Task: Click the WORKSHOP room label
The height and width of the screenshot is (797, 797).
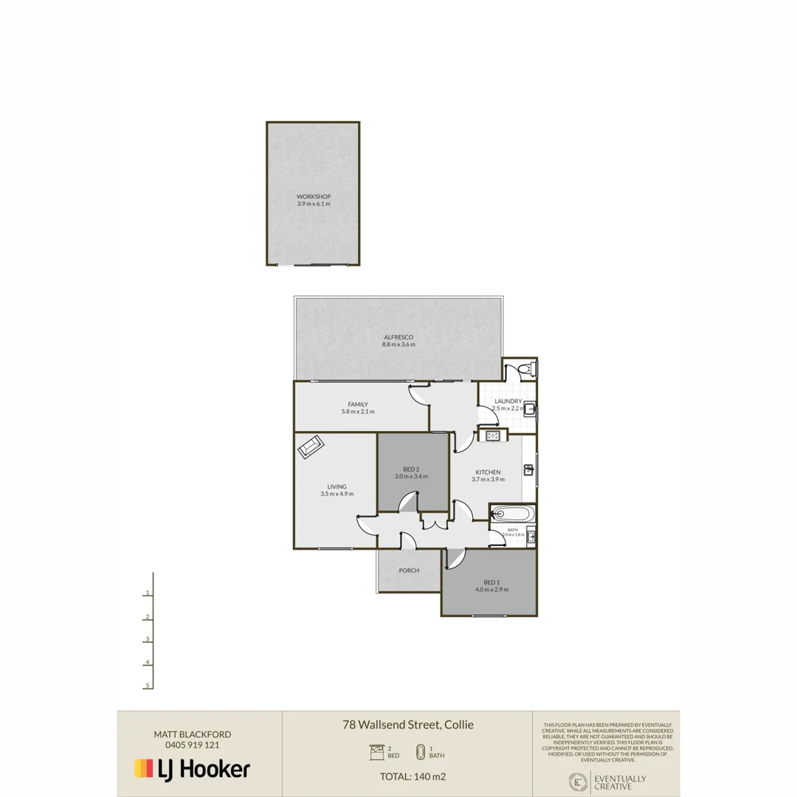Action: (314, 196)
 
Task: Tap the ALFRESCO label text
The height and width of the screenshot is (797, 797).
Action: (398, 337)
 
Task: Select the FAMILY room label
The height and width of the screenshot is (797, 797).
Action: (358, 404)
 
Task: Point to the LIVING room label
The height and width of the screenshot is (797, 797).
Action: (337, 487)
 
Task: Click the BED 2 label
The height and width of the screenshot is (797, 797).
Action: (411, 469)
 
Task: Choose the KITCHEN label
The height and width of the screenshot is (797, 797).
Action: (488, 472)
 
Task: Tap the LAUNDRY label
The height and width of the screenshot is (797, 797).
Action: (508, 401)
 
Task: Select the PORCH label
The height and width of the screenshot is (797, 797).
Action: (409, 570)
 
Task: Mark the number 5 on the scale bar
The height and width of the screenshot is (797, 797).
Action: (148, 686)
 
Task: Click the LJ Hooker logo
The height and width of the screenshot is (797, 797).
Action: (192, 769)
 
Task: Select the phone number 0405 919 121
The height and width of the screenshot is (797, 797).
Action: (192, 745)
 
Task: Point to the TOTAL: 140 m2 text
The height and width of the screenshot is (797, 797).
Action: (413, 776)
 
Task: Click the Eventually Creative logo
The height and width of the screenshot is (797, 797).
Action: (606, 782)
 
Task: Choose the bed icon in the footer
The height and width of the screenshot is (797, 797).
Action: (375, 752)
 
